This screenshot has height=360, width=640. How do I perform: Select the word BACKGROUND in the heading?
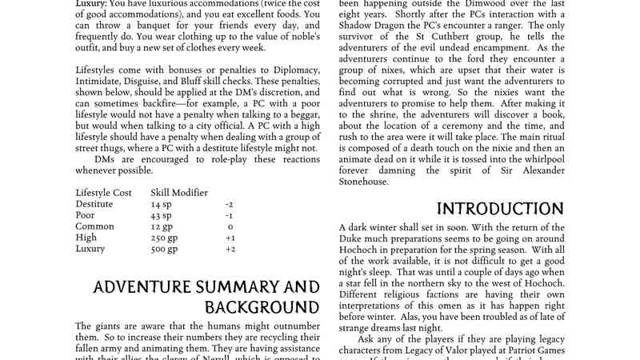pos(262,307)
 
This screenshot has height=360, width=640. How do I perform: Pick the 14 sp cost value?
pos(161,204)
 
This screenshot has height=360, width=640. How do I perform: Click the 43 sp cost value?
pos(161,215)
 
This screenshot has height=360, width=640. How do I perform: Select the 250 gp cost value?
pos(164,238)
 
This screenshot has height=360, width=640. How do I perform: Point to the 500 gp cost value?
pos(164,249)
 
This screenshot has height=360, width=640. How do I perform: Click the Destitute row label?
pos(94,204)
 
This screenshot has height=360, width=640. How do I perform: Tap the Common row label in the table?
pos(94,226)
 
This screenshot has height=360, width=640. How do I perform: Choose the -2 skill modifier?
pos(230,204)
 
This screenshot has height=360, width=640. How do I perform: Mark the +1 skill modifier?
pos(230,238)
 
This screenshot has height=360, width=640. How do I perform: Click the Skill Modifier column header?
pos(179,193)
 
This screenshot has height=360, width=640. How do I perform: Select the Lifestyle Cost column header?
pos(104,193)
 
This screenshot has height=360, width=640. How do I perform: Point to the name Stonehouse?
pos(364,182)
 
